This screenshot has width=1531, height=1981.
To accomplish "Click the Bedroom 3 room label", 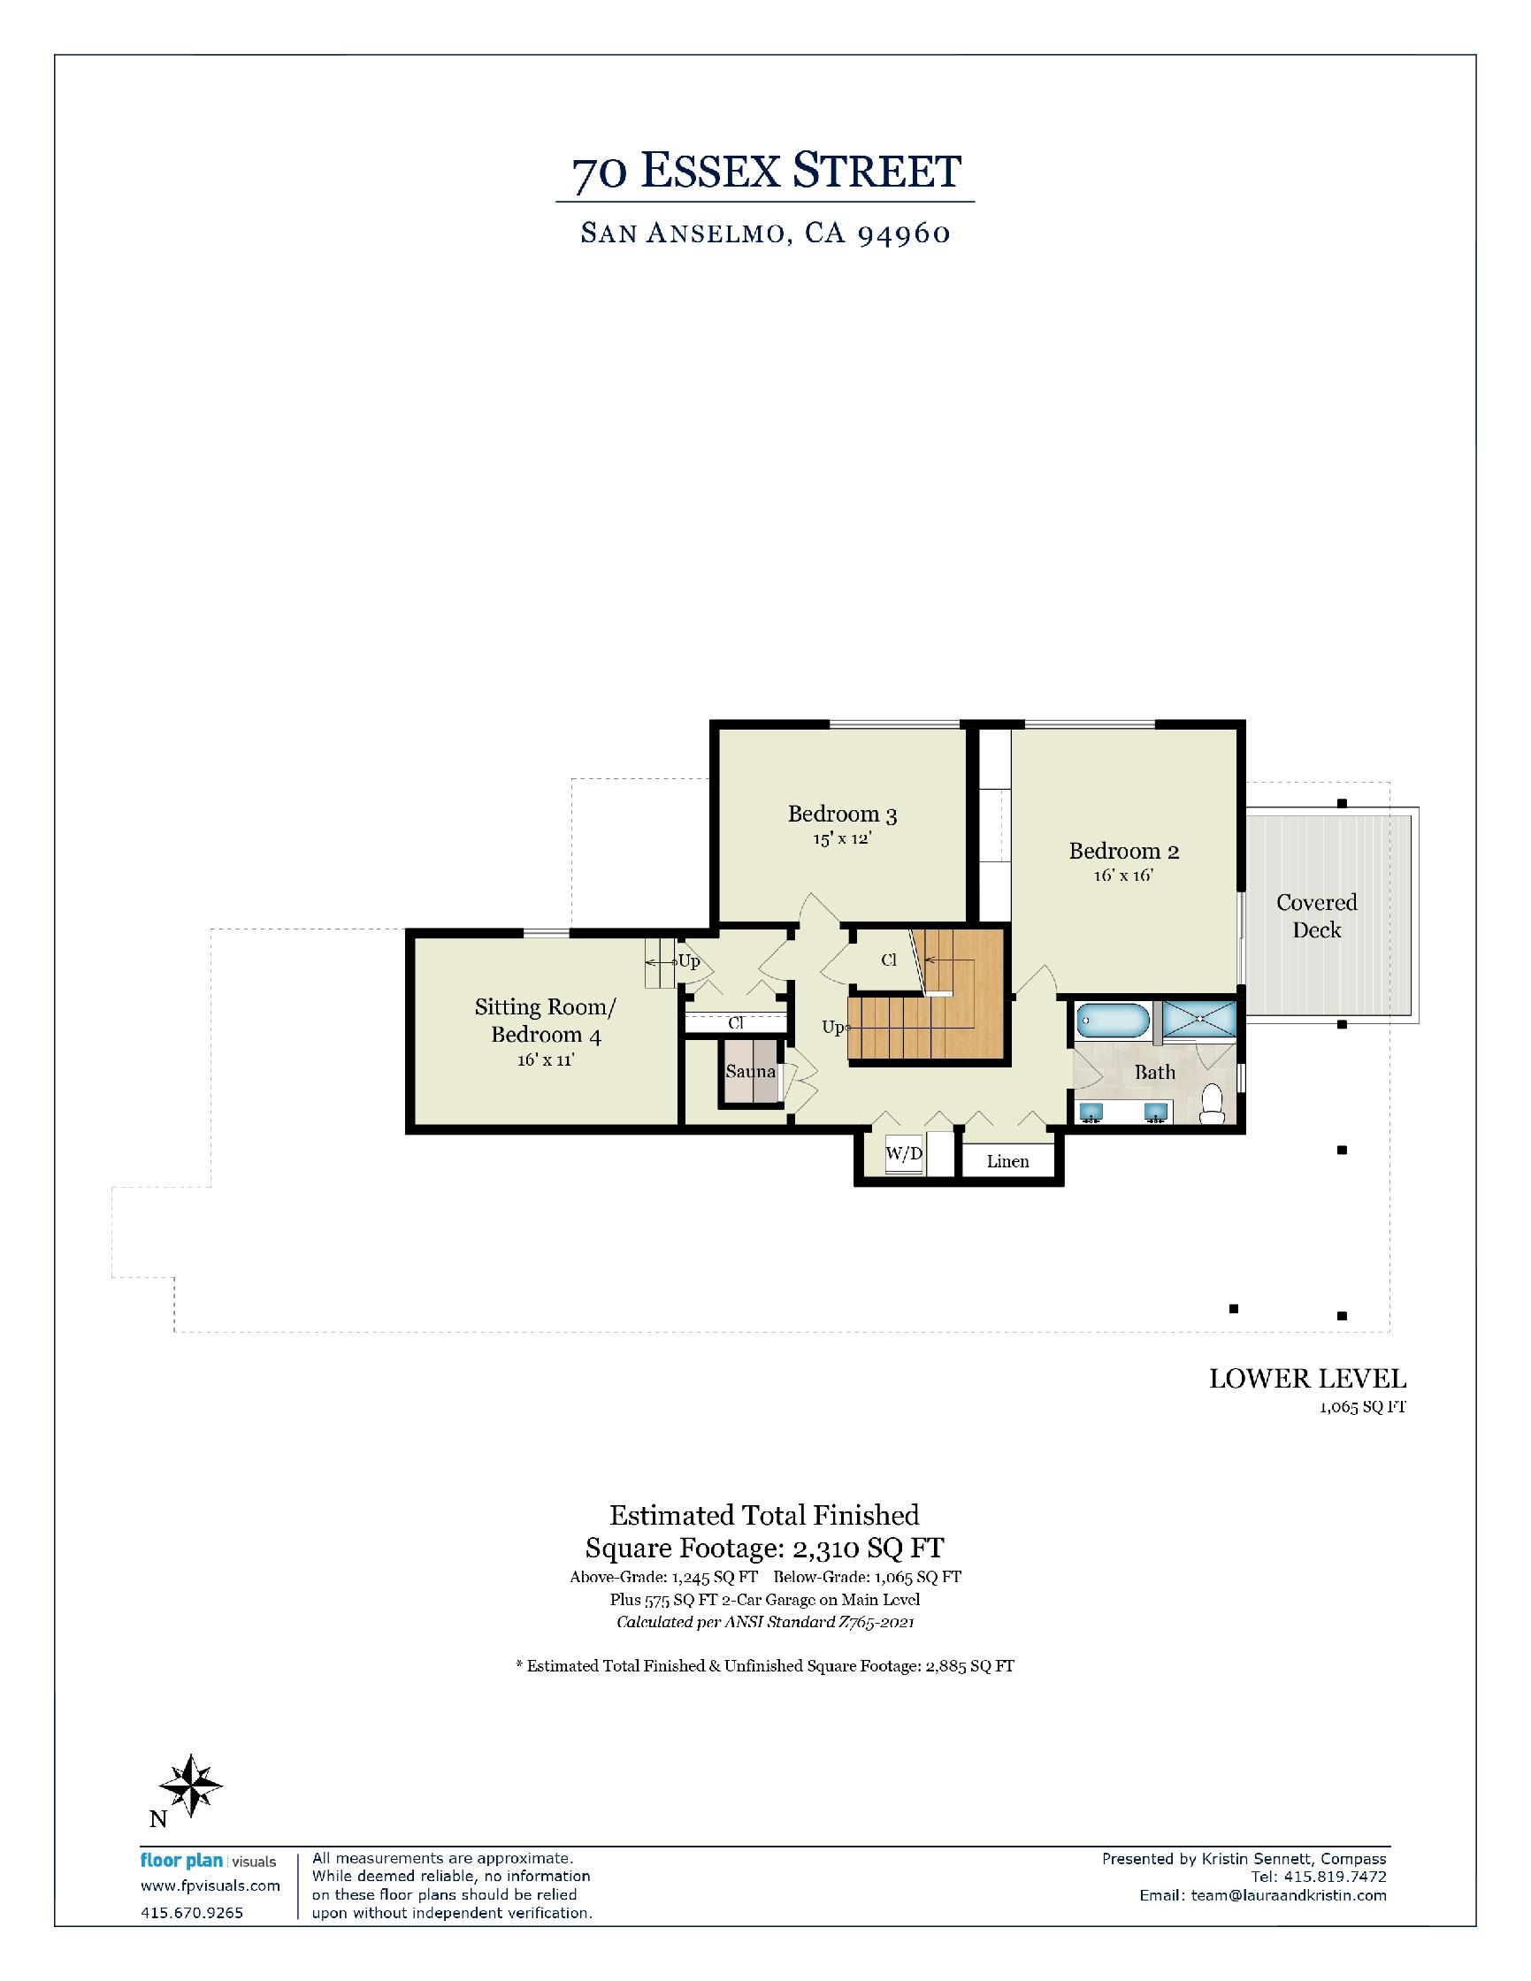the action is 842,814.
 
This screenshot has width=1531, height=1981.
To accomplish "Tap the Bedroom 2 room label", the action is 1124,851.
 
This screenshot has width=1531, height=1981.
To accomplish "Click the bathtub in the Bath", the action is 1113,1021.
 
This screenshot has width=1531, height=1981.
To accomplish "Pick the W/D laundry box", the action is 904,1154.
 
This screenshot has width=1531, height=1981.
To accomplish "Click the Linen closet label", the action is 1007,1161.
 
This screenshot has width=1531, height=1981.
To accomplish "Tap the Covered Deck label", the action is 1317,916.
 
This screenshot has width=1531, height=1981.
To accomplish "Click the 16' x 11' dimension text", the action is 546,1059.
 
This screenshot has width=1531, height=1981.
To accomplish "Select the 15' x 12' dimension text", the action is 842,838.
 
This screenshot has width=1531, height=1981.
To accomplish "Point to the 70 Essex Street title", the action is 766,171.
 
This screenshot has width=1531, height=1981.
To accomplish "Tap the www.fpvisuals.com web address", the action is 211,1885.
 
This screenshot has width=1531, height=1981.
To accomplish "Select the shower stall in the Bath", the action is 1199,1019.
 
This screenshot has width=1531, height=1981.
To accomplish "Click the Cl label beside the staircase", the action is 889,960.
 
